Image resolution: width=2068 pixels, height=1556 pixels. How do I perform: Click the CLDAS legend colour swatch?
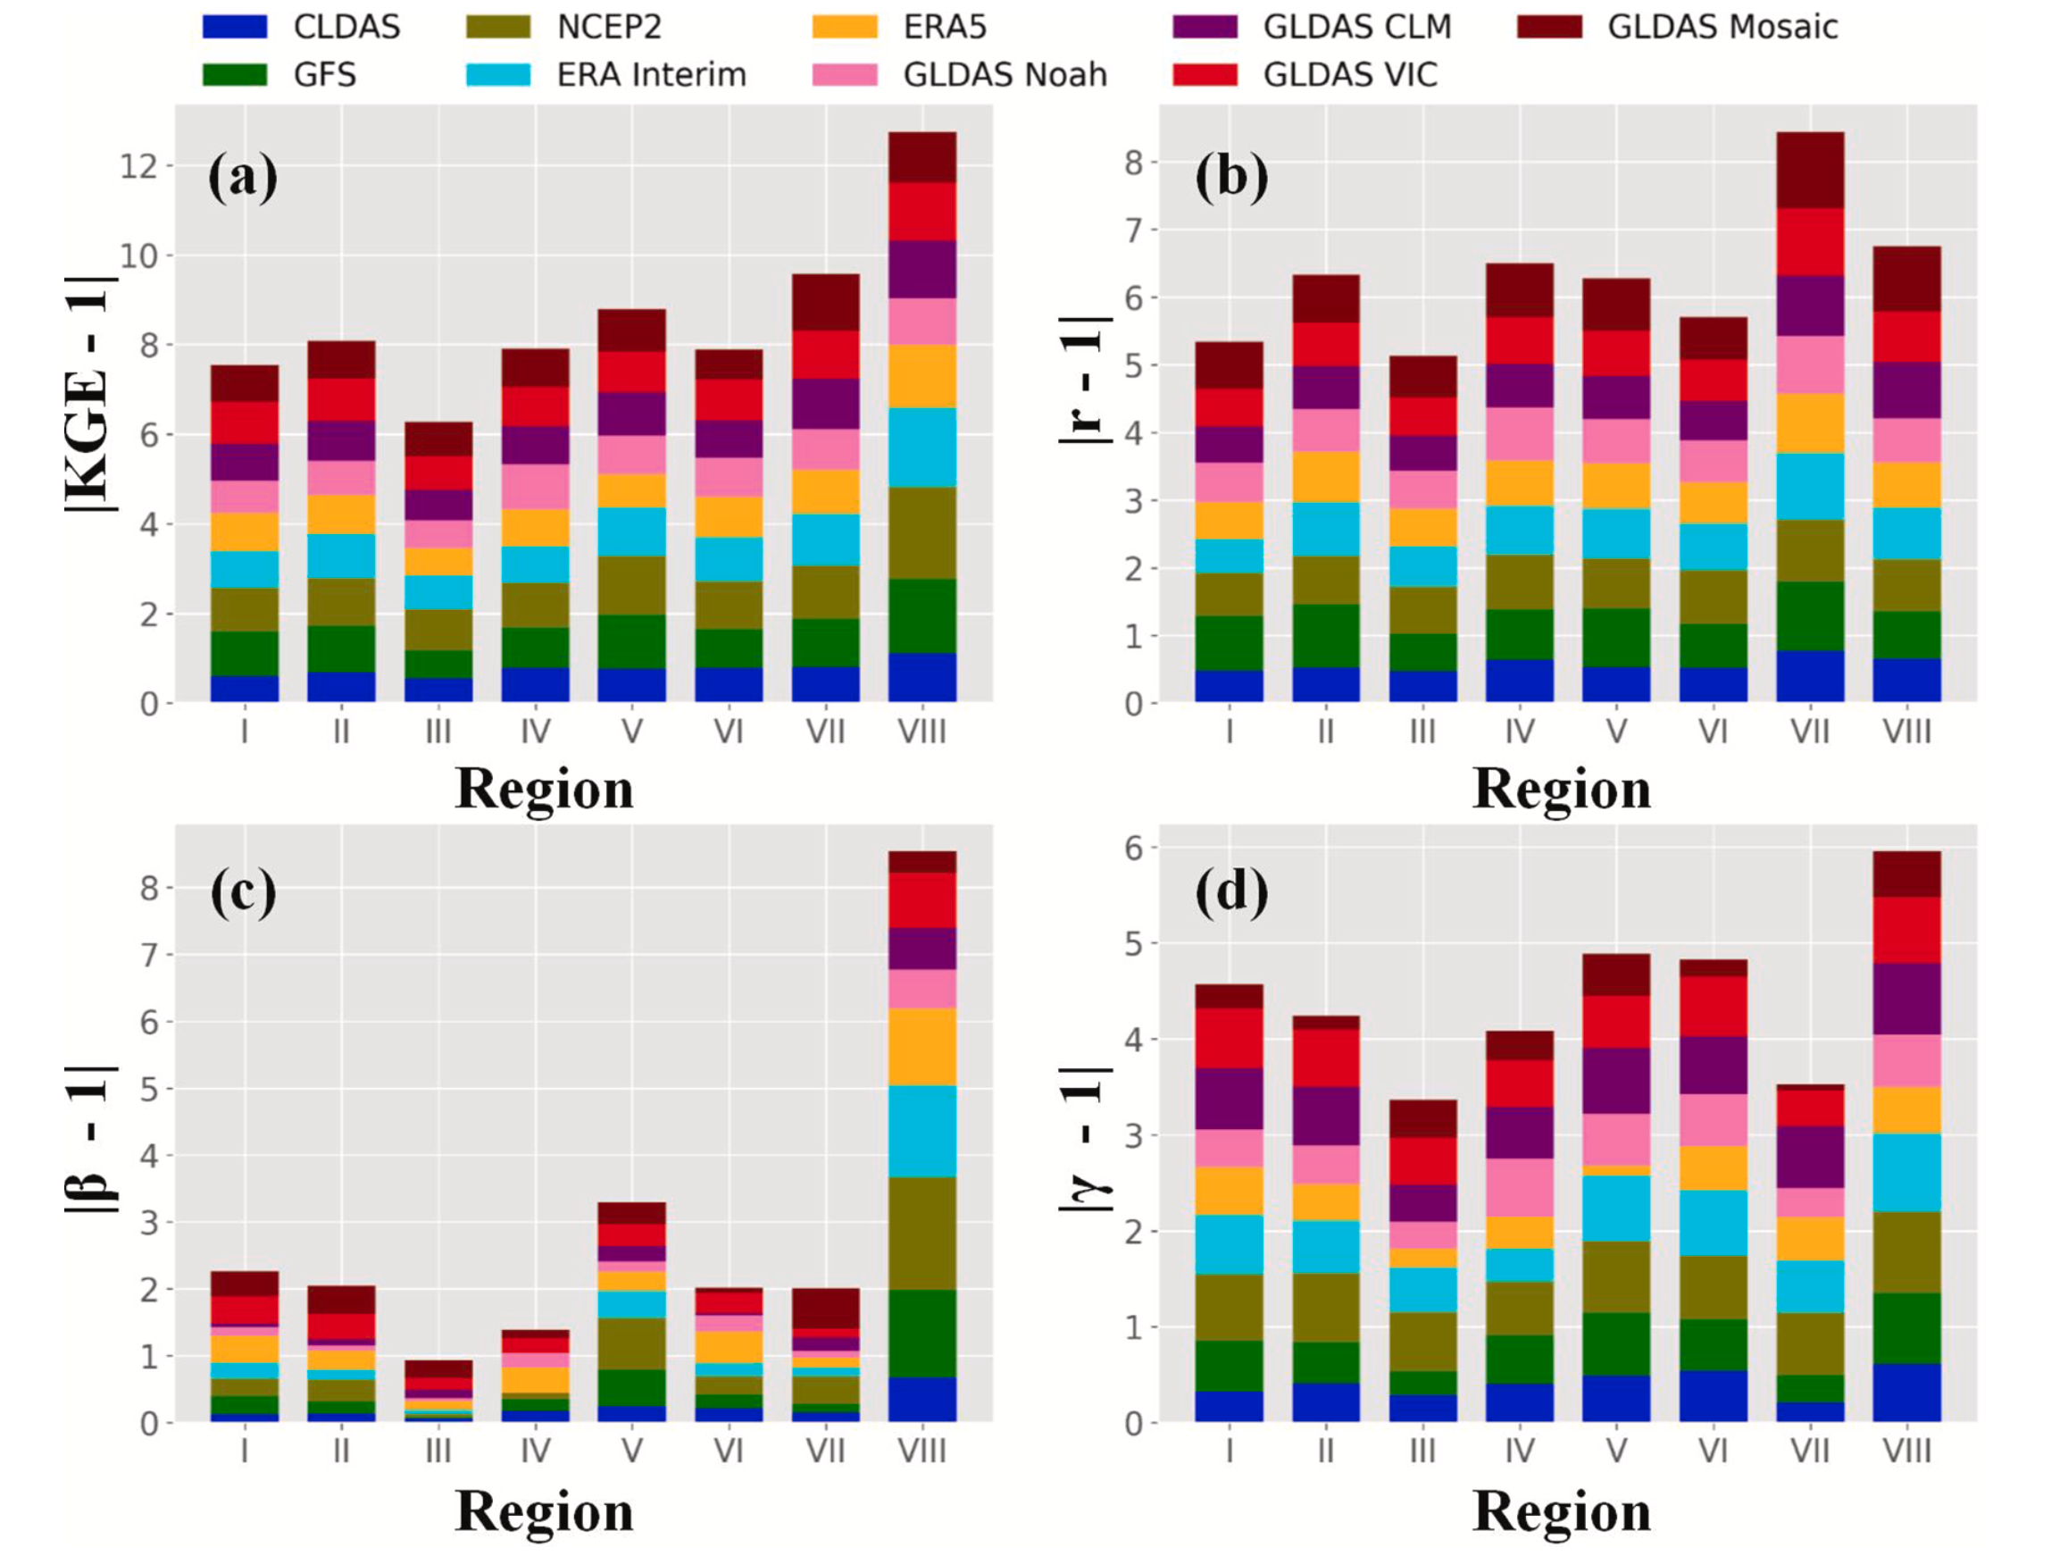pos(235,26)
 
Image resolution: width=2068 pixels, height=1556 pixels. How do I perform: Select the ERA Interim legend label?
pos(652,75)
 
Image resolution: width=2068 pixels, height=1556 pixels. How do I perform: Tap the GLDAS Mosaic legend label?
pos(1722,26)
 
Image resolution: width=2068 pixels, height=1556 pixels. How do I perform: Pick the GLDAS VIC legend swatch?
pos(1205,75)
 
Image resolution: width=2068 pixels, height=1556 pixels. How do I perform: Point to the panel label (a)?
pos(242,177)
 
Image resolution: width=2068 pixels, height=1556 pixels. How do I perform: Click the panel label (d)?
pos(1231,891)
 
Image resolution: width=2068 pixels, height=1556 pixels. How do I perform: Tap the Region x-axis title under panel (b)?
pos(1562,789)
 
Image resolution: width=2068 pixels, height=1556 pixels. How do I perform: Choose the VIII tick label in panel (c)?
pos(921,1451)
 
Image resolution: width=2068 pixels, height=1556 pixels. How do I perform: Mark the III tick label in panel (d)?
pos(1423,1451)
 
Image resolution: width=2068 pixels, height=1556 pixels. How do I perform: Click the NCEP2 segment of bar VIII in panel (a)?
pos(921,533)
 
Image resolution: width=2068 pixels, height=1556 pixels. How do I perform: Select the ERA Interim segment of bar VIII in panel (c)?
pos(921,1131)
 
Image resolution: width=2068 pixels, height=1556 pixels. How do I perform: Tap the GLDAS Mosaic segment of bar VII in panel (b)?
pos(1810,171)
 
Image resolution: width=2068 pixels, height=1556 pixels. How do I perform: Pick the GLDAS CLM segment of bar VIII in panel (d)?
pos(1906,999)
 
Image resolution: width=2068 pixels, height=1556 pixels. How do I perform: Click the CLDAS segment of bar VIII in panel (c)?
pos(921,1399)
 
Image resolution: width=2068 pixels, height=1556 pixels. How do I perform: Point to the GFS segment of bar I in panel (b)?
pos(1229,643)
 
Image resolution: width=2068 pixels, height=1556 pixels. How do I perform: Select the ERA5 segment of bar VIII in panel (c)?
pos(921,1046)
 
